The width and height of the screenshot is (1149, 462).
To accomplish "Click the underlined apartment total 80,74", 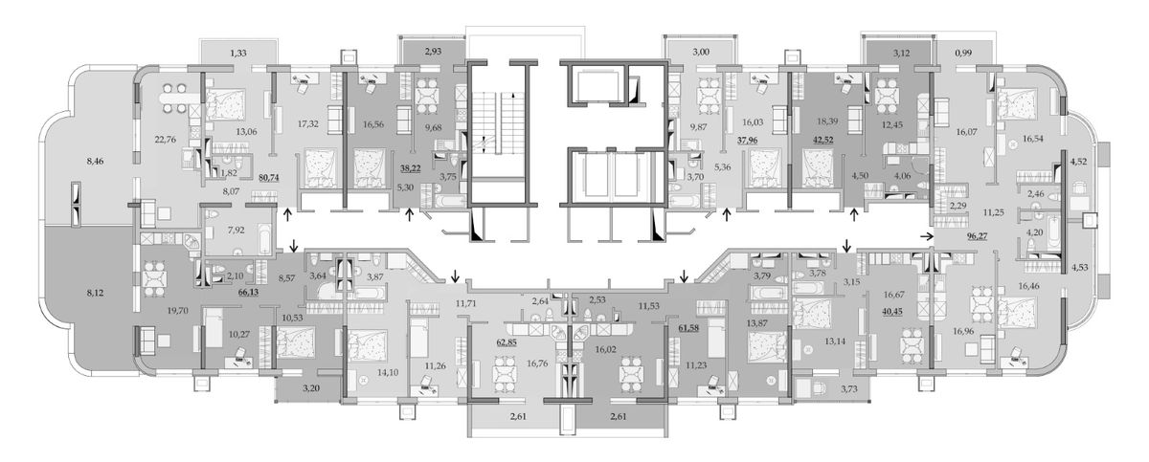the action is [x=269, y=178].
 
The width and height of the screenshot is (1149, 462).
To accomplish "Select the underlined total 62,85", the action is [x=507, y=342].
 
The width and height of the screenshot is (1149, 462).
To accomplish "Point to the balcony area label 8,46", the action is [x=95, y=162].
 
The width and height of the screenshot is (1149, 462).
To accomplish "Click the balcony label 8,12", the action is [x=95, y=294].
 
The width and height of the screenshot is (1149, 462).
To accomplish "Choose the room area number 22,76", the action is [x=165, y=139].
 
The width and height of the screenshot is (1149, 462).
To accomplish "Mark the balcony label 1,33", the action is [x=238, y=53].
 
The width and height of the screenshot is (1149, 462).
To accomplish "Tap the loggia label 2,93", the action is [x=433, y=52].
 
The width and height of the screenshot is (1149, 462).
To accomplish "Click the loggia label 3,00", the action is [x=701, y=52].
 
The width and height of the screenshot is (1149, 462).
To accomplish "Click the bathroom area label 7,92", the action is [x=236, y=230].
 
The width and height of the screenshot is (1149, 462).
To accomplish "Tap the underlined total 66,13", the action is [x=248, y=293].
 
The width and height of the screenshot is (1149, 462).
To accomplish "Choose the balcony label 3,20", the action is [x=311, y=388].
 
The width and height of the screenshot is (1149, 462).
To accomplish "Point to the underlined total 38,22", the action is [x=411, y=166].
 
